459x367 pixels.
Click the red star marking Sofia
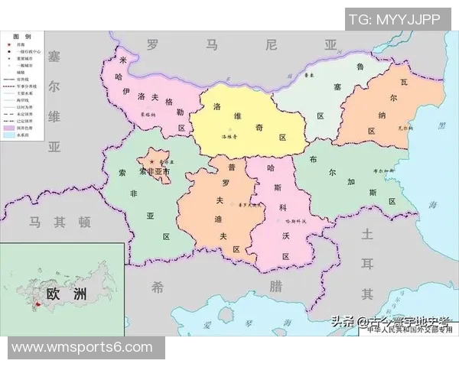pyautogui.click(x=152, y=163)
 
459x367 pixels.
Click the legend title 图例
pyautogui.click(x=23, y=37)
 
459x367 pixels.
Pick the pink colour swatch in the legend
pyautogui.click(x=10, y=128)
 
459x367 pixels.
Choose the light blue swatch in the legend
pyautogui.click(x=10, y=135)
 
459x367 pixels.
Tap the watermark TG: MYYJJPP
pyautogui.click(x=395, y=19)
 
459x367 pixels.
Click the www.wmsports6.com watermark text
pyautogui.click(x=82, y=348)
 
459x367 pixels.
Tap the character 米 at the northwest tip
pyautogui.click(x=123, y=60)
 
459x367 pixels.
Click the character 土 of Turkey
pyautogui.click(x=367, y=234)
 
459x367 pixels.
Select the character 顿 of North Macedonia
pyautogui.click(x=84, y=222)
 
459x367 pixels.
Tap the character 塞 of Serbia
pyautogui.click(x=54, y=58)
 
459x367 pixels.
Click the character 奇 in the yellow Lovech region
pyautogui.click(x=260, y=123)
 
